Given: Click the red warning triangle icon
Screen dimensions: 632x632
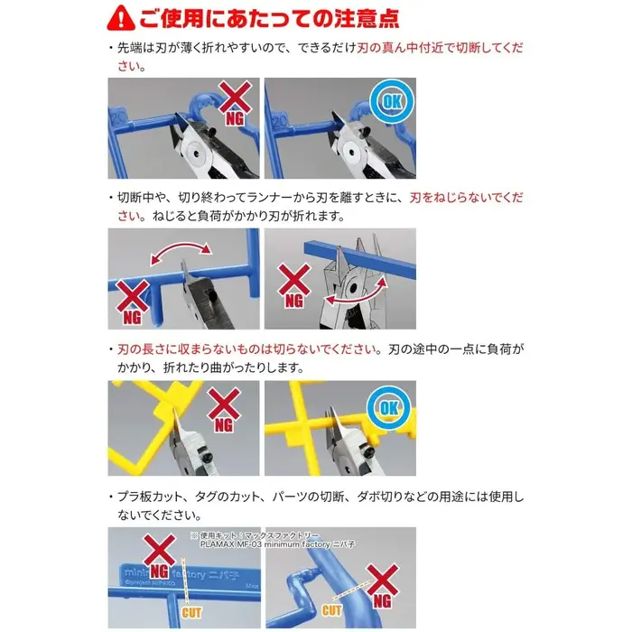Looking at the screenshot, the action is tap(121, 18).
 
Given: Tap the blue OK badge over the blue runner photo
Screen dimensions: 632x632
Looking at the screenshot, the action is tap(392, 101).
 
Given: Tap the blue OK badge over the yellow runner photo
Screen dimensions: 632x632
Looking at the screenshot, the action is tap(389, 408).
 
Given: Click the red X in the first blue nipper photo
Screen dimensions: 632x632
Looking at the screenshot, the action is tap(235, 97).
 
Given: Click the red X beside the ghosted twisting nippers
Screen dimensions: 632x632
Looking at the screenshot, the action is tap(294, 279).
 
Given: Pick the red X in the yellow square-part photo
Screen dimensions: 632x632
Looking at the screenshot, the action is tap(224, 404).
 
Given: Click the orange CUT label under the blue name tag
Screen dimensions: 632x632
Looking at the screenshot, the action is tap(191, 613).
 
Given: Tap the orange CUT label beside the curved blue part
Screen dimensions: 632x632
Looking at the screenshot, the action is tap(331, 610).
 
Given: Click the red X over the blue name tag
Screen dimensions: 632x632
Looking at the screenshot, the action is tap(160, 551).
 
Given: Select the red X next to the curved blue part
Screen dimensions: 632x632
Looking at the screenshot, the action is tap(382, 581).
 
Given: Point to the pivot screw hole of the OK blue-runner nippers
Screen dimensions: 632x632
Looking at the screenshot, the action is tap(352, 153).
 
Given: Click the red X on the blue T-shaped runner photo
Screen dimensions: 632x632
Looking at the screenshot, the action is tap(133, 297).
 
